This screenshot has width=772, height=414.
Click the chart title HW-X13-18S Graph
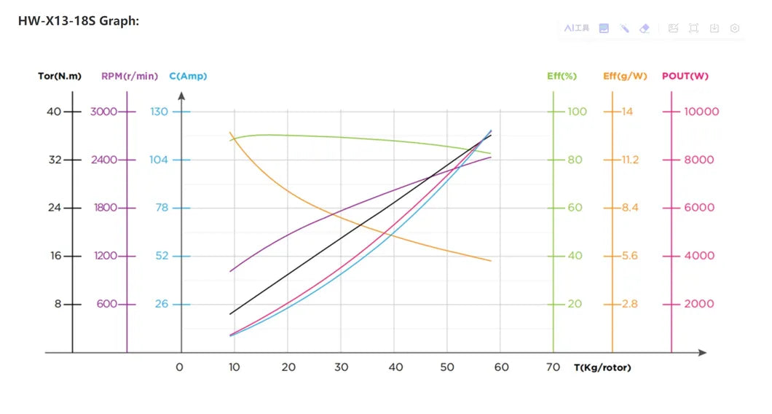(79, 21)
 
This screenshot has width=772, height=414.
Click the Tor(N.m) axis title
(60, 76)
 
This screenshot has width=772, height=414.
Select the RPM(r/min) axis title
(129, 76)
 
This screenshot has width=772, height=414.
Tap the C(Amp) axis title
(188, 76)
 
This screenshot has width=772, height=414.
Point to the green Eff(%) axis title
(562, 76)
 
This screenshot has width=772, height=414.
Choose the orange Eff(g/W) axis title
(625, 76)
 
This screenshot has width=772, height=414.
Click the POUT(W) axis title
(685, 76)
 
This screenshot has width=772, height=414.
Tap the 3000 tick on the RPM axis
(103, 112)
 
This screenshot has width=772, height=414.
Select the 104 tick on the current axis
(159, 160)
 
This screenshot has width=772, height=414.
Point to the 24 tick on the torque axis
(54, 208)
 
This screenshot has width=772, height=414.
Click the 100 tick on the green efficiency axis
(577, 112)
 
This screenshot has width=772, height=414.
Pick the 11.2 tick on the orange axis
(630, 160)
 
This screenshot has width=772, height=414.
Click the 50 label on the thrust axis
(447, 367)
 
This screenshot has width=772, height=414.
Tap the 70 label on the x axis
(554, 367)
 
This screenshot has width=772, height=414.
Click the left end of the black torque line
(230, 314)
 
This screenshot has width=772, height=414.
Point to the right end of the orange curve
(491, 261)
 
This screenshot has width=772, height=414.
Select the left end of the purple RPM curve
(230, 272)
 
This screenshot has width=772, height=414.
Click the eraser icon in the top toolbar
(643, 28)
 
